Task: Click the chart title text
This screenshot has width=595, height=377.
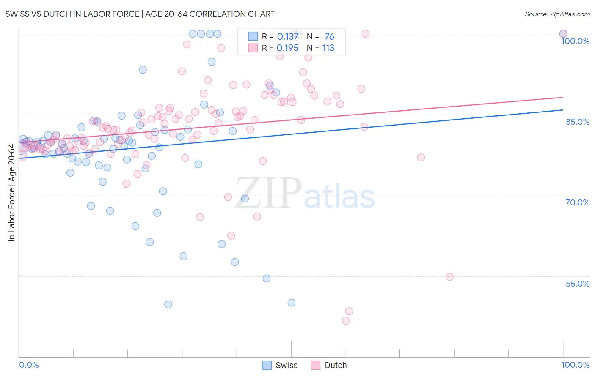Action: (x=140, y=14)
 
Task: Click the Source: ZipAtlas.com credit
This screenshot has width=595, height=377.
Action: (x=557, y=14)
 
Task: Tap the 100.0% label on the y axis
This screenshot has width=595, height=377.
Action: (x=575, y=41)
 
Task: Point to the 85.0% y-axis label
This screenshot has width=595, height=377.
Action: (x=577, y=122)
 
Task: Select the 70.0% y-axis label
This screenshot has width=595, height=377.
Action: (x=577, y=202)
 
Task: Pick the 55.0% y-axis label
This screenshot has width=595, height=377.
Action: (x=577, y=284)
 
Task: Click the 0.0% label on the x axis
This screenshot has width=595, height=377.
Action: (x=29, y=365)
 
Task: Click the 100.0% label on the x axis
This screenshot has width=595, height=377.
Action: (x=575, y=365)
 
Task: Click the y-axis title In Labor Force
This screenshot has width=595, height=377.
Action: (x=11, y=193)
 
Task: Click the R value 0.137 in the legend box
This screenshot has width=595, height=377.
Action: (x=288, y=37)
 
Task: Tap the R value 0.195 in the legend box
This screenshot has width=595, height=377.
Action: (x=288, y=48)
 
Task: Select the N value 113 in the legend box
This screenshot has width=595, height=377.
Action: (x=328, y=48)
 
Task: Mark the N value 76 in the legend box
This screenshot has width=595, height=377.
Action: (x=329, y=37)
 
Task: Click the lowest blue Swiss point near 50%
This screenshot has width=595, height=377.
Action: (x=168, y=304)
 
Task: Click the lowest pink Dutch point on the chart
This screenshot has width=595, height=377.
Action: (x=346, y=321)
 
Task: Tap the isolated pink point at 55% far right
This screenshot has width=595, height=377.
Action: (x=449, y=277)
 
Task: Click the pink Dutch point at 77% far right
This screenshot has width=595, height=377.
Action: (x=421, y=157)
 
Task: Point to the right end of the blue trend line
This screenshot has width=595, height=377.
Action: (x=563, y=110)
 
